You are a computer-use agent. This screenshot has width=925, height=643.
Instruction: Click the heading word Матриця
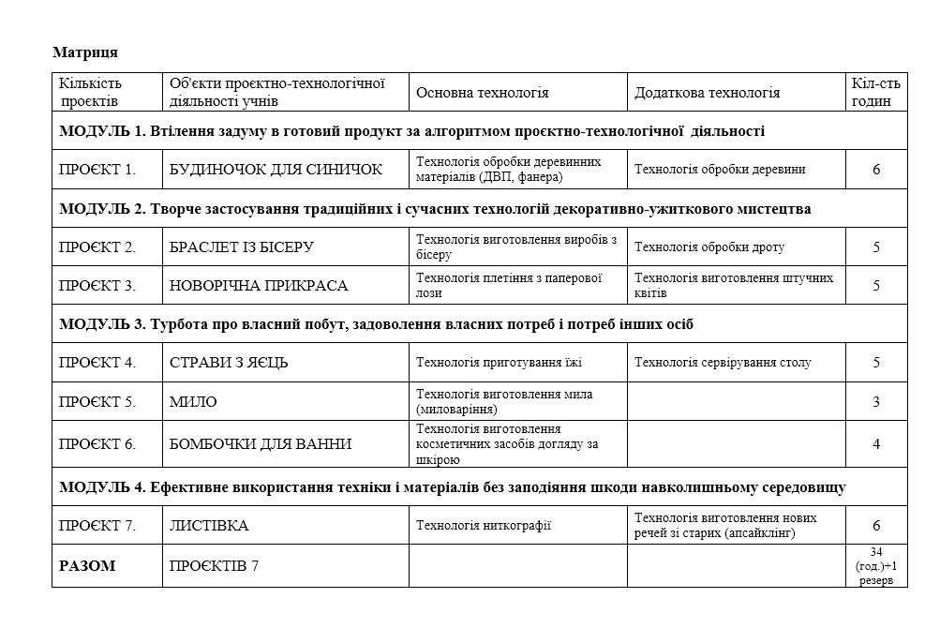pos(85,51)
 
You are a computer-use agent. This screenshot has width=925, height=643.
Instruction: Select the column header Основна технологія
pos(482,93)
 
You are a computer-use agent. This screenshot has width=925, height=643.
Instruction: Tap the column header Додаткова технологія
pos(707,93)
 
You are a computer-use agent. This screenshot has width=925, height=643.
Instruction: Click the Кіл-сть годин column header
pos(875,92)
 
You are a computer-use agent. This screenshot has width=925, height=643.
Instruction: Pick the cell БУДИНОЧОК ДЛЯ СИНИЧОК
pos(276,170)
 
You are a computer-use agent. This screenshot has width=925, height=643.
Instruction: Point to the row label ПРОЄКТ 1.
pos(97,170)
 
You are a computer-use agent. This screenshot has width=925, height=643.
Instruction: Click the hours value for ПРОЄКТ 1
pos(876,170)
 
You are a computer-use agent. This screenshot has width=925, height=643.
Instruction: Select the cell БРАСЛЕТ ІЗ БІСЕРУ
pos(241,247)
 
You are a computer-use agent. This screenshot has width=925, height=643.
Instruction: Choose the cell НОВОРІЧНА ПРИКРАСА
pos(258,286)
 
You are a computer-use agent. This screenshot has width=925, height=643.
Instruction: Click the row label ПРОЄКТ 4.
pos(97,363)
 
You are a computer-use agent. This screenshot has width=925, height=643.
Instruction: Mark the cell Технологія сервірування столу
pos(723,363)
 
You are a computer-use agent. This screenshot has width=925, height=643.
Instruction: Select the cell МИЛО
pos(193,402)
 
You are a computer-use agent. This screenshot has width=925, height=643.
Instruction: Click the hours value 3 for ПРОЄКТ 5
pos(876,402)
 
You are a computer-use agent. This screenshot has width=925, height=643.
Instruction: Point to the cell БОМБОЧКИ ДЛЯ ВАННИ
pos(260,443)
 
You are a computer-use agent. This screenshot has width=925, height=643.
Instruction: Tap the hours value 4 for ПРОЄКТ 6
pos(876,443)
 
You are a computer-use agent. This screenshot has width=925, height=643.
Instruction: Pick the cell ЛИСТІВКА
pos(208,526)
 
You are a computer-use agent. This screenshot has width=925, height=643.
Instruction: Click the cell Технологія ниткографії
pos(483,526)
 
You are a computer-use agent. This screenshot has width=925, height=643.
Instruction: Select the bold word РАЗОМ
pos(87,566)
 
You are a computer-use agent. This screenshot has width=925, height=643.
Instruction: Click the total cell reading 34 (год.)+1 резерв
pos(876,566)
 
